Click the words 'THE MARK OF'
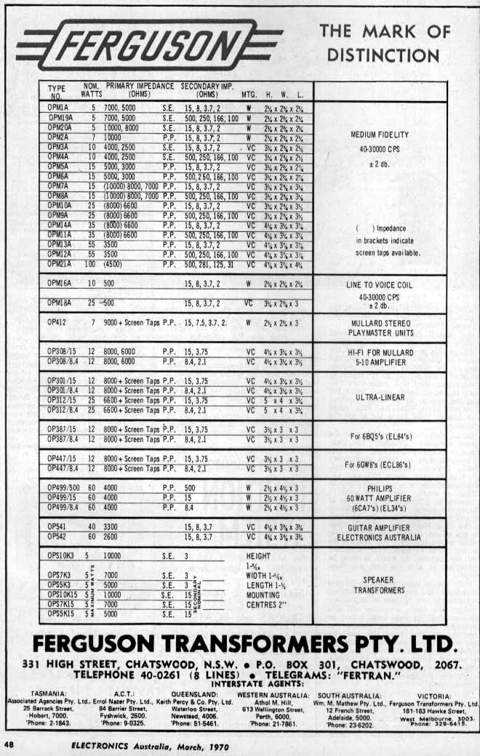click(385, 31)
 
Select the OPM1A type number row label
click(57, 108)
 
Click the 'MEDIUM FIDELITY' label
click(380, 134)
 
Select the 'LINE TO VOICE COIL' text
click(380, 285)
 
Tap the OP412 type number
click(56, 321)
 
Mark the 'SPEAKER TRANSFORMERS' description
click(380, 584)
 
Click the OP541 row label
click(56, 526)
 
